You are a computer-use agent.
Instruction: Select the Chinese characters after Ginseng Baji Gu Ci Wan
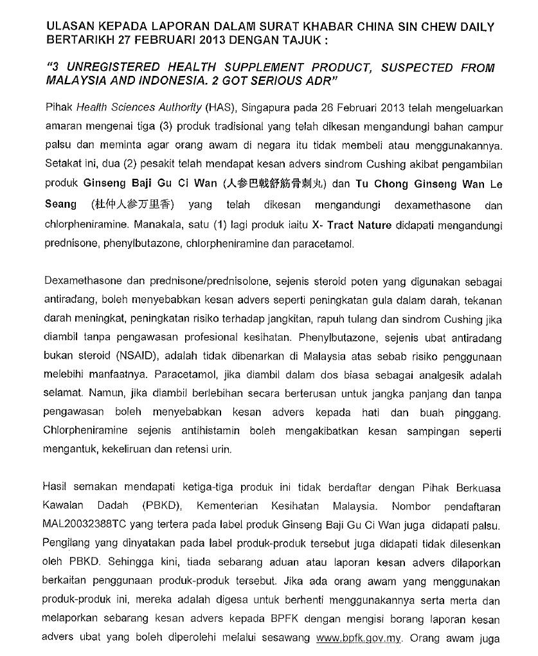coord(276,184)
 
